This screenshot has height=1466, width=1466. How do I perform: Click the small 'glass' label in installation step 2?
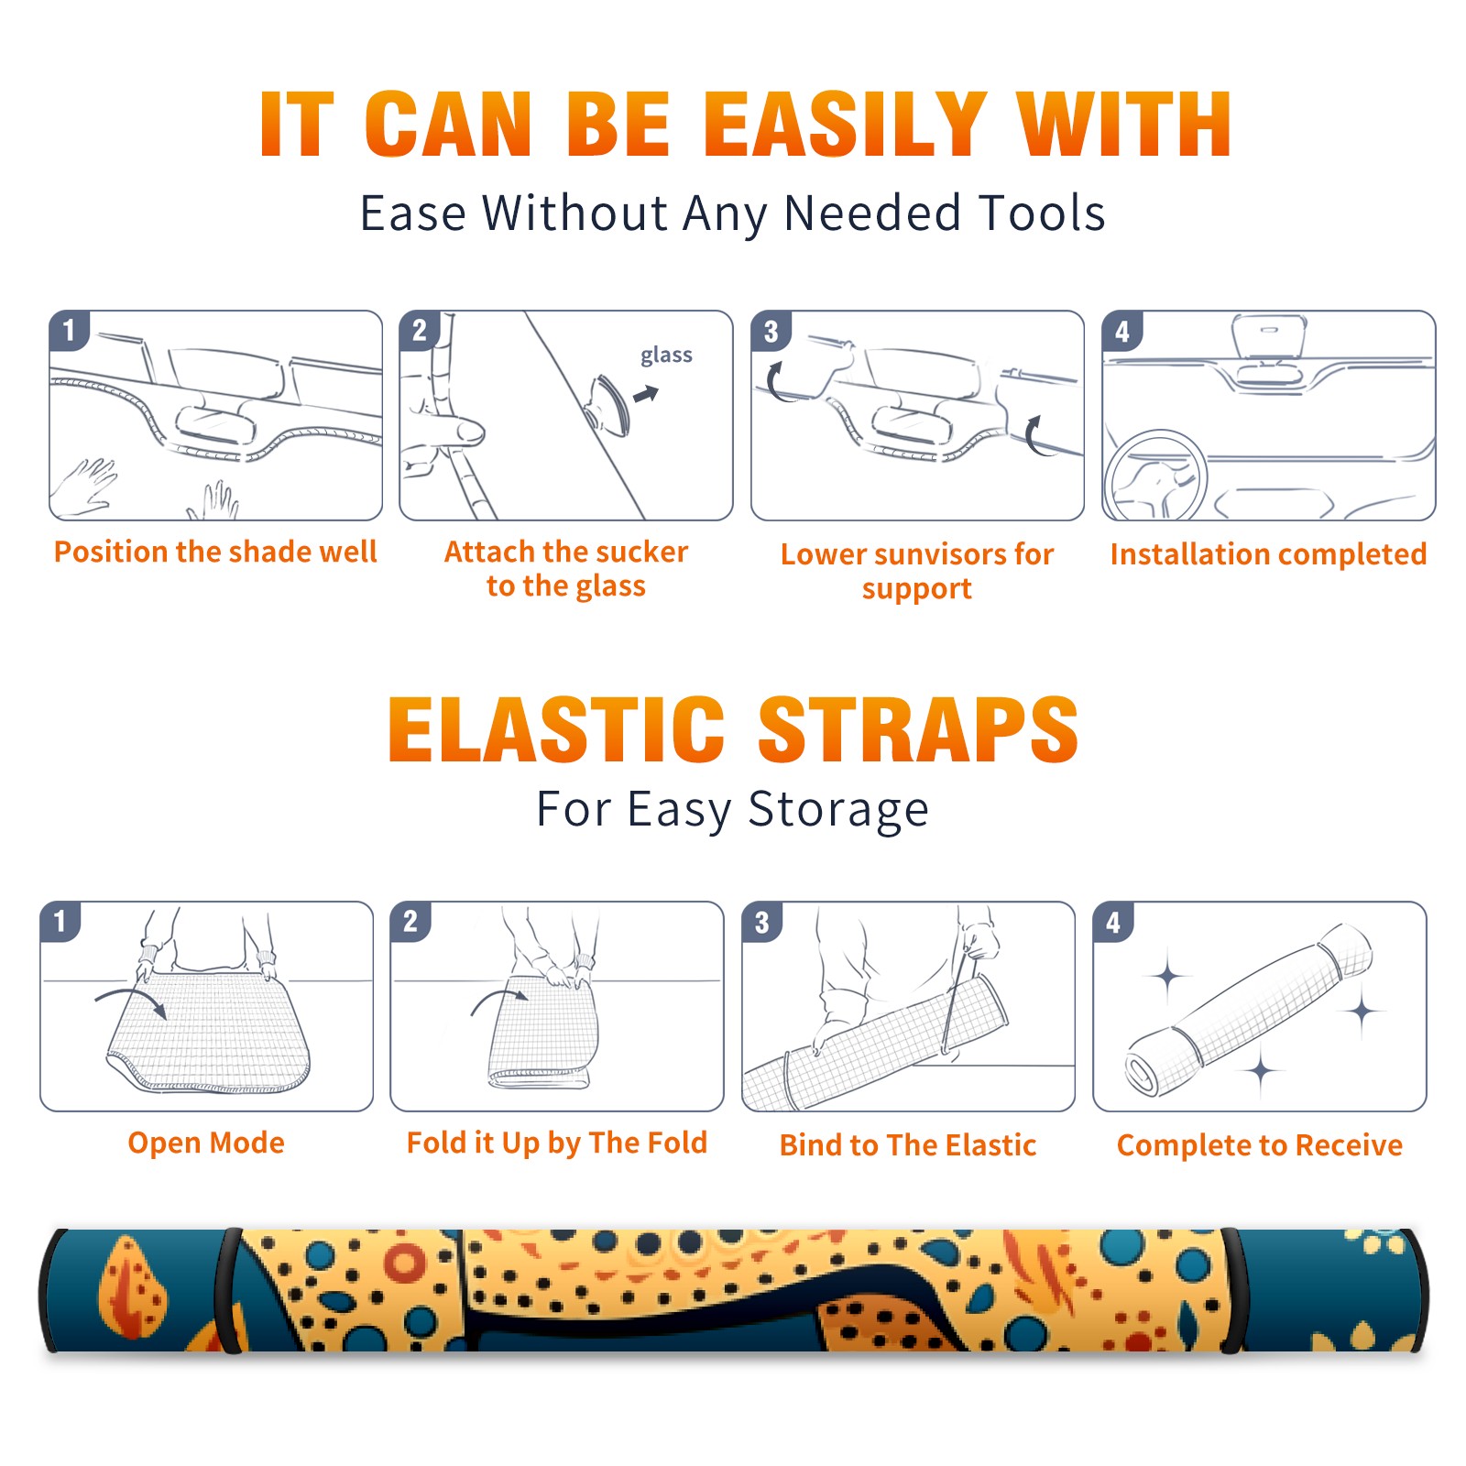(x=666, y=356)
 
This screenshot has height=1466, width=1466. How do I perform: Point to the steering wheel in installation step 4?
(x=1155, y=476)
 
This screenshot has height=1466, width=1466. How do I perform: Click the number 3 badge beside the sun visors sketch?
(x=771, y=332)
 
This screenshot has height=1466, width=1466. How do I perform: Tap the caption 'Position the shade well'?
(x=215, y=552)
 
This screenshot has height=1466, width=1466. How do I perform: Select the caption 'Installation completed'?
(x=1268, y=554)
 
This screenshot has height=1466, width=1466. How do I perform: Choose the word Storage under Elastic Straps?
(x=837, y=810)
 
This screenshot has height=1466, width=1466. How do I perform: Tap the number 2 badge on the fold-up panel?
(x=410, y=922)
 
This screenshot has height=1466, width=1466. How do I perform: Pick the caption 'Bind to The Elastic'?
(x=908, y=1145)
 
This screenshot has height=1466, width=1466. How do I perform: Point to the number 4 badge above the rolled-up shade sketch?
(x=1113, y=922)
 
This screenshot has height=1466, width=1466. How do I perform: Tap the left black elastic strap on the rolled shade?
(x=228, y=1291)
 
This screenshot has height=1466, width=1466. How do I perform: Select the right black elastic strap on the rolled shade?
(x=1232, y=1291)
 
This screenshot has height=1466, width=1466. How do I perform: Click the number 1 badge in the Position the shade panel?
(x=70, y=330)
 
